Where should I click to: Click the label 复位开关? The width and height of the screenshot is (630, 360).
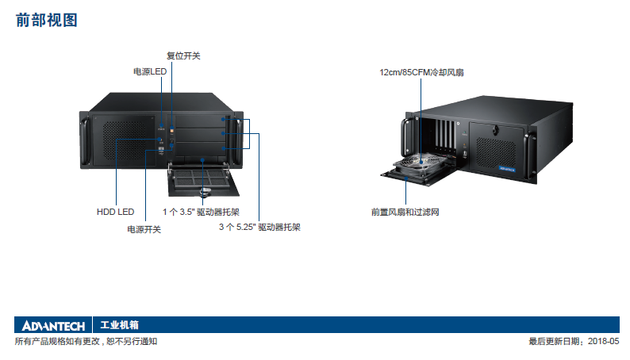[183, 56]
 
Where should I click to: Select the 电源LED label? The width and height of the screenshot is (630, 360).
[150, 72]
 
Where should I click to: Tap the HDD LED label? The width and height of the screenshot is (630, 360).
[115, 212]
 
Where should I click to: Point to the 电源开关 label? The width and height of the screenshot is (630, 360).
[144, 229]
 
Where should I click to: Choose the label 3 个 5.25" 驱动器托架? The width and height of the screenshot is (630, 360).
[259, 228]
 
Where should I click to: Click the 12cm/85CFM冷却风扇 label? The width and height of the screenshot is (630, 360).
[421, 72]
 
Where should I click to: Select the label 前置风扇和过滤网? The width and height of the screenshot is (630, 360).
[405, 212]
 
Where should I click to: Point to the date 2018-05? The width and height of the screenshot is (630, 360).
[604, 342]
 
